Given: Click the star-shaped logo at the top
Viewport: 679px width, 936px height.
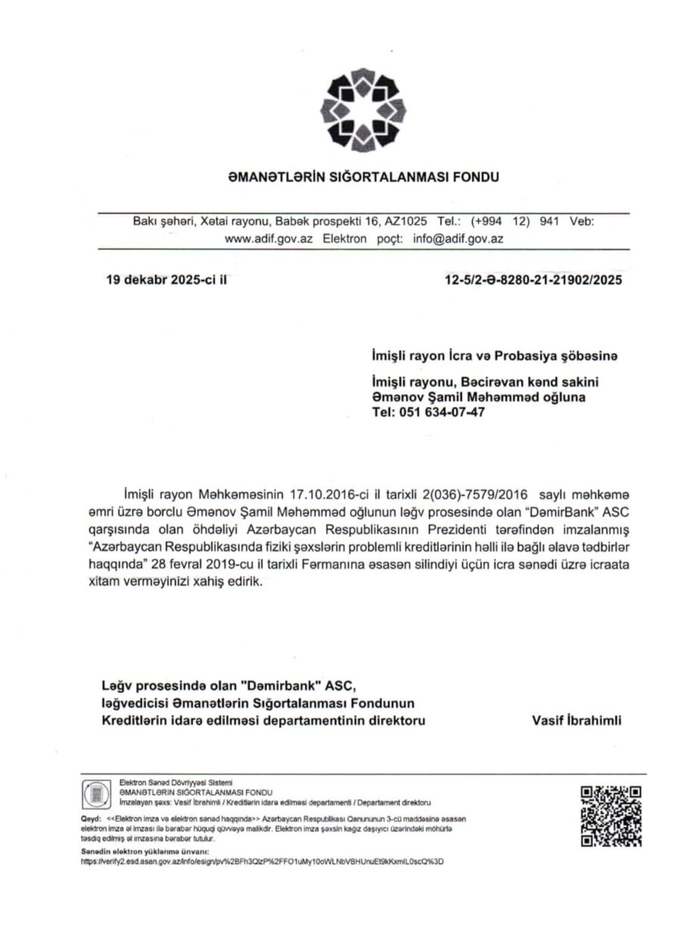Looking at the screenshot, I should (363, 110).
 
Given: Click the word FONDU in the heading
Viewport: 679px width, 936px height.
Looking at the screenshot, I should (476, 177).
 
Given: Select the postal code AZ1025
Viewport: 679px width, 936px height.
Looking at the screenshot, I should (405, 221).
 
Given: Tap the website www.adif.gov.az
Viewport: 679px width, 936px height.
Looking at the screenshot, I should (268, 239).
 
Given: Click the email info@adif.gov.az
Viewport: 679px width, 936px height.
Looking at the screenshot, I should (458, 239).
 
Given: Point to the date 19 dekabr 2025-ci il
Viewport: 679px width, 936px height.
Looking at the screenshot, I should (166, 279).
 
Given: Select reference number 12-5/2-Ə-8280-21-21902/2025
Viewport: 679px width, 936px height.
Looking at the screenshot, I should (533, 280).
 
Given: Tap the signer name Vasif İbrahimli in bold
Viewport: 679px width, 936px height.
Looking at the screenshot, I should (576, 720).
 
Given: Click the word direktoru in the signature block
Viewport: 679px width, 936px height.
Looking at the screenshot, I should (397, 720).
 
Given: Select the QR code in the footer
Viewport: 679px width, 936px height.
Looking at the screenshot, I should (610, 816).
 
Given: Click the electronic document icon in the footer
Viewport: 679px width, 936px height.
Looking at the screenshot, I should (97, 794).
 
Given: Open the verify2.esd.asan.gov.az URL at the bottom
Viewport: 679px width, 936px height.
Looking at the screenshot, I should (263, 861).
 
